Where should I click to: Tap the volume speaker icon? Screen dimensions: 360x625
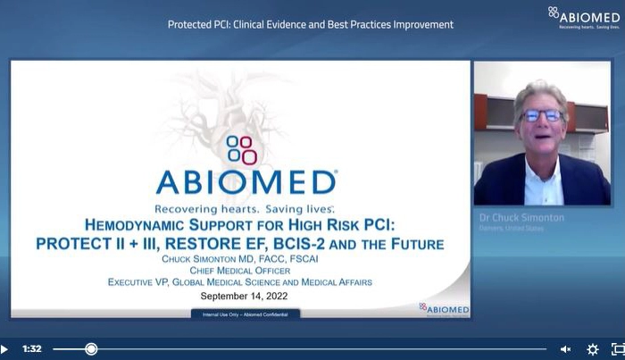pos(565,349)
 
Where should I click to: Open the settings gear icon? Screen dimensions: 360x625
pos(592,349)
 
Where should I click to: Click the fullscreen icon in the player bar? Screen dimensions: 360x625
pos(617,349)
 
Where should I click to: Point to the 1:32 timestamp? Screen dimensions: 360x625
pos(32,349)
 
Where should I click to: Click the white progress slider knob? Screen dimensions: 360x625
pos(91,349)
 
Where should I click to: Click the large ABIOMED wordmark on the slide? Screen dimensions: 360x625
pos(246,182)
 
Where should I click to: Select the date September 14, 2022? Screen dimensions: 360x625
pos(242,295)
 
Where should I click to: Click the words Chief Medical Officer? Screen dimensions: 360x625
pos(240,270)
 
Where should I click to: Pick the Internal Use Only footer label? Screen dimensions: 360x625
pos(246,314)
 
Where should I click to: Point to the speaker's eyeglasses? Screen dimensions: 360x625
pos(541,115)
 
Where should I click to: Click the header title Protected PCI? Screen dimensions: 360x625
pos(310,24)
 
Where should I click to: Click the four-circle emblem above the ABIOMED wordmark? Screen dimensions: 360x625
pos(242,149)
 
